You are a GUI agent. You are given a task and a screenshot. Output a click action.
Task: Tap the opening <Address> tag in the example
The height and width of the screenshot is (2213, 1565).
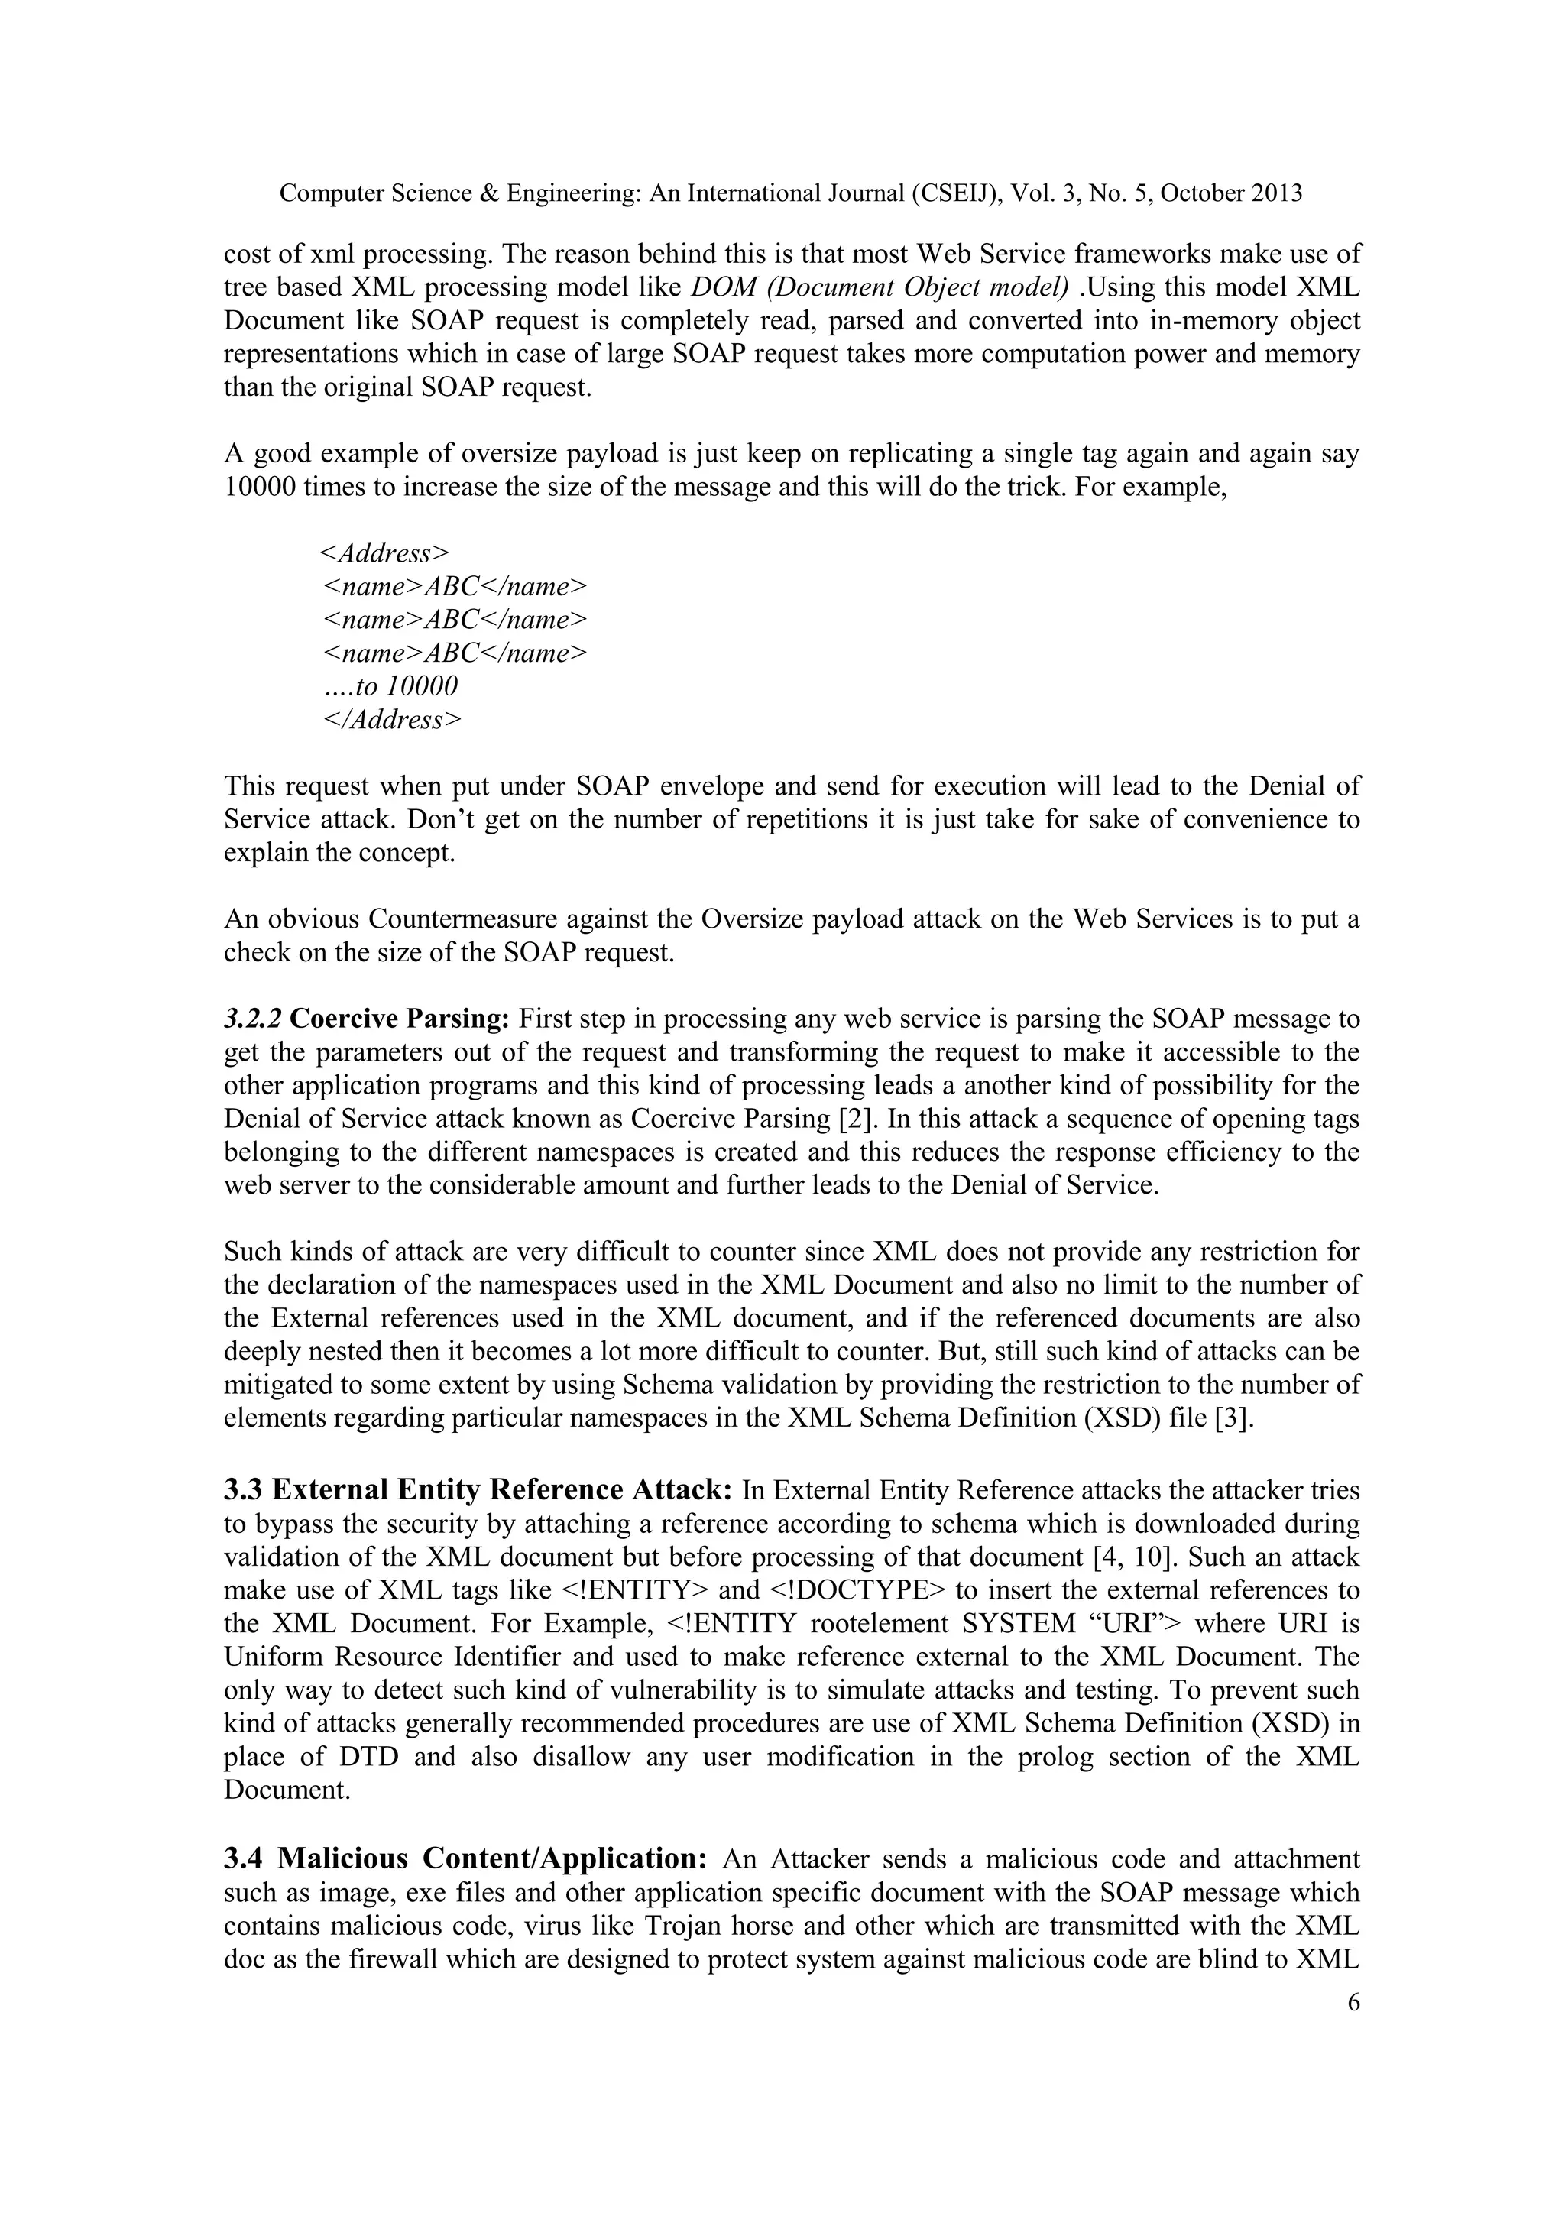pyautogui.click(x=384, y=554)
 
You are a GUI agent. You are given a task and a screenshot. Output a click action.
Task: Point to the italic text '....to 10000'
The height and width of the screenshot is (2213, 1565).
pyautogui.click(x=390, y=686)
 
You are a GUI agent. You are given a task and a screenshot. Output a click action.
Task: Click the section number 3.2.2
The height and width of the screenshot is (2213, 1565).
pyautogui.click(x=252, y=1019)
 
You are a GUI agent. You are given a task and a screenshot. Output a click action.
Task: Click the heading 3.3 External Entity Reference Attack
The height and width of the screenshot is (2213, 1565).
pyautogui.click(x=478, y=1490)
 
